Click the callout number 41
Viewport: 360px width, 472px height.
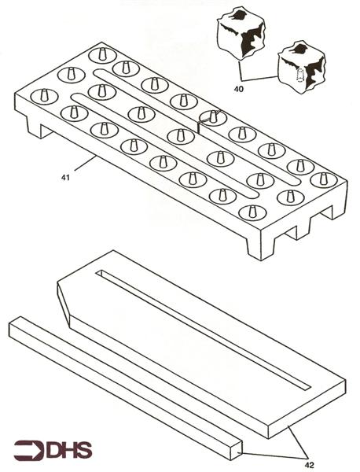(66, 179)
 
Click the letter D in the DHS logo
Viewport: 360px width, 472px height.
(57, 451)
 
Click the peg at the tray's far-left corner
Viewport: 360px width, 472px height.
(42, 95)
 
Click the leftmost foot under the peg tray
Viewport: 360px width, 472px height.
(35, 126)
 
